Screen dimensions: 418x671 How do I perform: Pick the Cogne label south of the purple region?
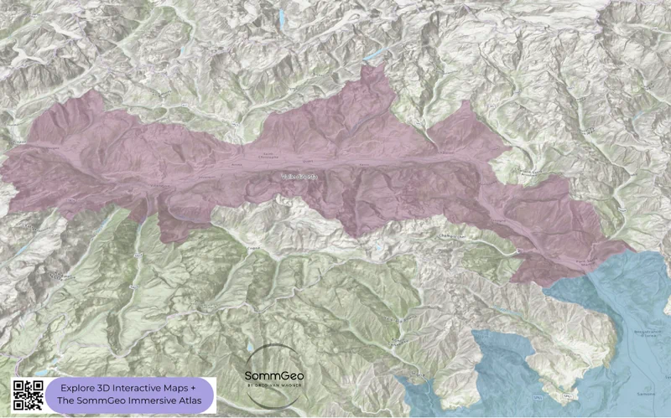(x=251, y=247)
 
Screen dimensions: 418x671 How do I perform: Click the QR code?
(x=27, y=394)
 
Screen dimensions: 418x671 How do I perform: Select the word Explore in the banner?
(x=80, y=389)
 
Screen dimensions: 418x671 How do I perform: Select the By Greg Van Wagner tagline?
(x=273, y=386)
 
